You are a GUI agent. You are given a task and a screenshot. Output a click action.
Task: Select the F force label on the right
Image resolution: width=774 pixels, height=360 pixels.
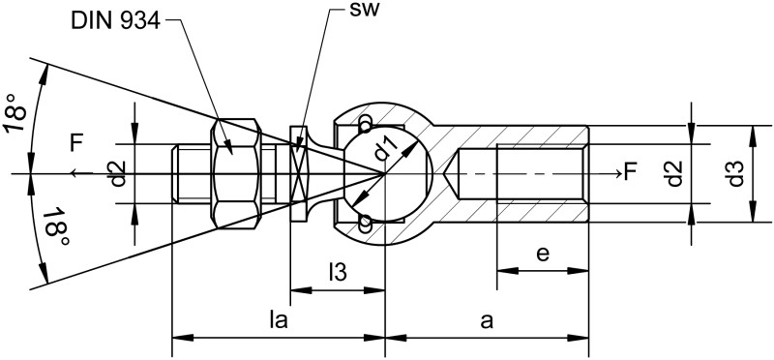631,173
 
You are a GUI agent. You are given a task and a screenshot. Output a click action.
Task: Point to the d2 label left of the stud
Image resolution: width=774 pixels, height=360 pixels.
118,174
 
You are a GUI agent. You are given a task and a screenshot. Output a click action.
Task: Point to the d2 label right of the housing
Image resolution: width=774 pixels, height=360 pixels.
674,174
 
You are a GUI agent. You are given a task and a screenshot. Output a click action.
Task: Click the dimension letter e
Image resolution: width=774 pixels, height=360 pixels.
543,254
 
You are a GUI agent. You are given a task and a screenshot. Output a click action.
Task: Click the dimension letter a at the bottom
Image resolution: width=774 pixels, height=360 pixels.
486,320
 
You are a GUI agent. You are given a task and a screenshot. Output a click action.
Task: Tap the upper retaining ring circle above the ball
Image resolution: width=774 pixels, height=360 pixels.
364,125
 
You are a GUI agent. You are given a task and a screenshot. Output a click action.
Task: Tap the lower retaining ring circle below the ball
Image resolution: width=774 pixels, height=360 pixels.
364,225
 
